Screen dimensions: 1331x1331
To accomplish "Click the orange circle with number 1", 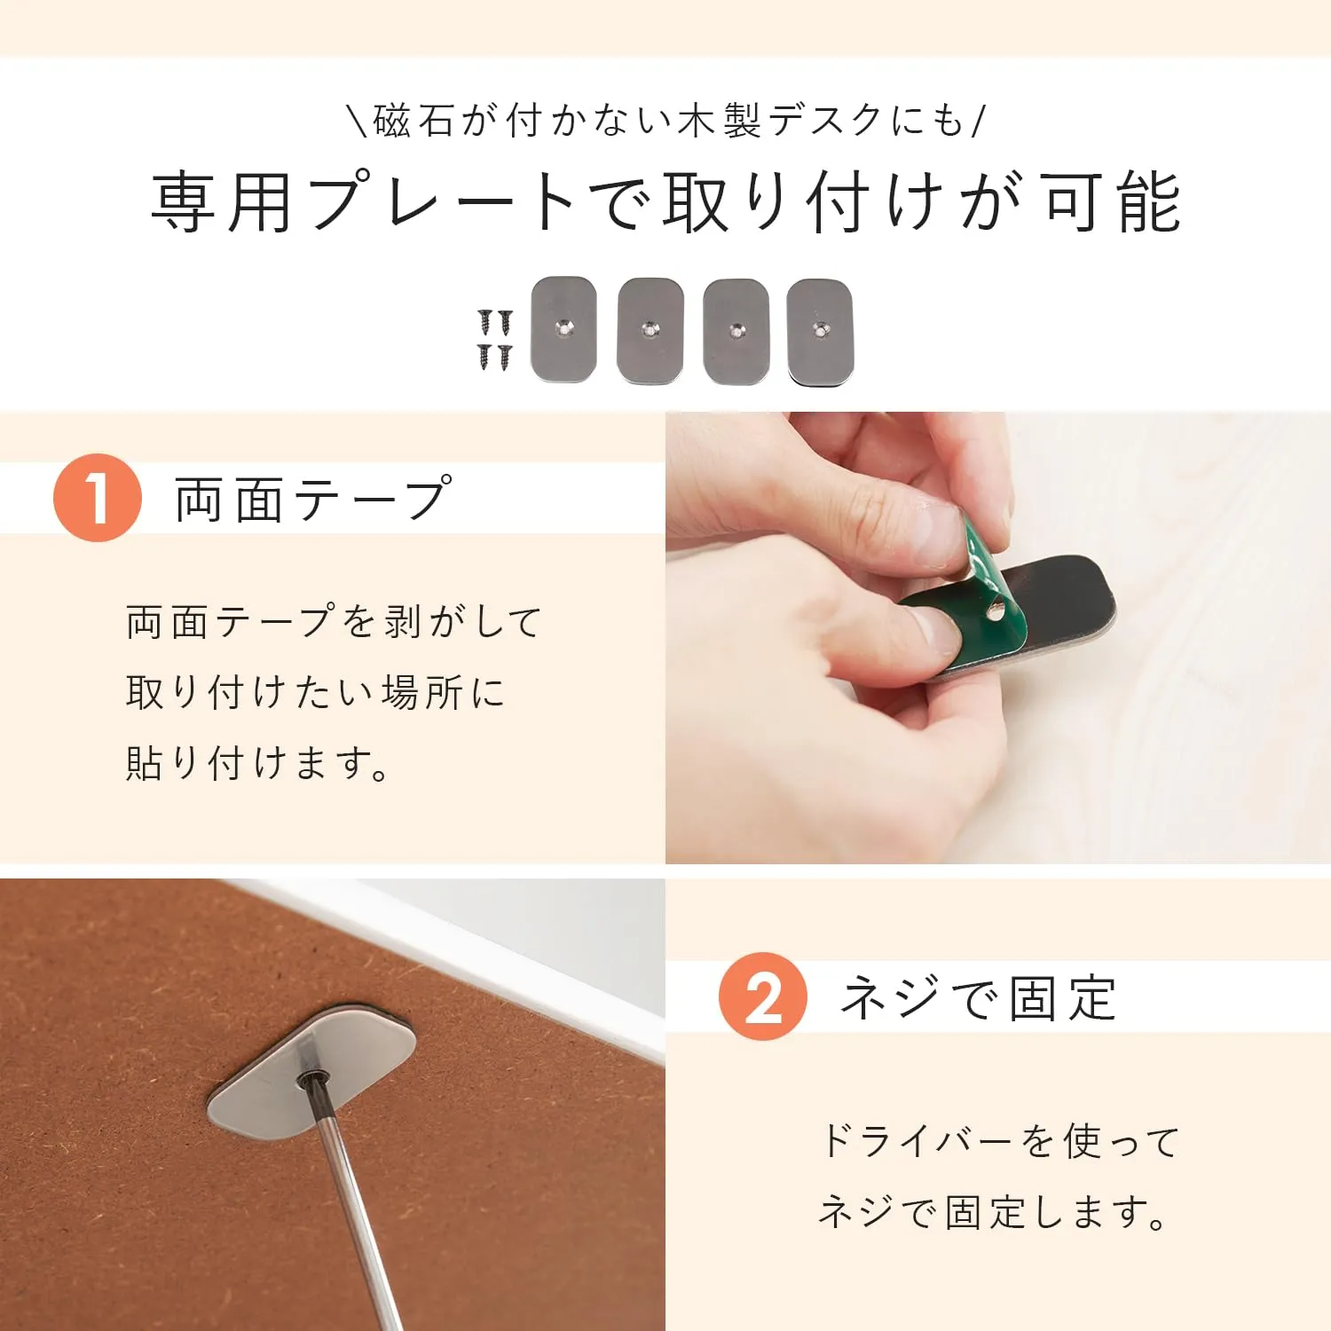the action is (98, 498).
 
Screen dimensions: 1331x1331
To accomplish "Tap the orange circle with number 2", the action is (763, 996).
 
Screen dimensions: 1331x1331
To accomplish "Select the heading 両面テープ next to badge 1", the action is (313, 499).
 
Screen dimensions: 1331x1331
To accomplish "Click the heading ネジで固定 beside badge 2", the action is (978, 997).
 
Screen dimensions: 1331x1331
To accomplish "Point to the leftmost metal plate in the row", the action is (563, 329).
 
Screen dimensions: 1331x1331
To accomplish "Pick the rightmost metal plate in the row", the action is (820, 332).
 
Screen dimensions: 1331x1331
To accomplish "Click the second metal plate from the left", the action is (650, 331).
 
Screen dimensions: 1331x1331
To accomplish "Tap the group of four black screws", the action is (495, 340).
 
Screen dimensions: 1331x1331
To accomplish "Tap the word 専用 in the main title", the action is (222, 202).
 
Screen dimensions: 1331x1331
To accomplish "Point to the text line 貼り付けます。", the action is (257, 763).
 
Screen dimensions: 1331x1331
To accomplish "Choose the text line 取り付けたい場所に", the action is (316, 692).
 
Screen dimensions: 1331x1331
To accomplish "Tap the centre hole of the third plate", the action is (736, 331).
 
